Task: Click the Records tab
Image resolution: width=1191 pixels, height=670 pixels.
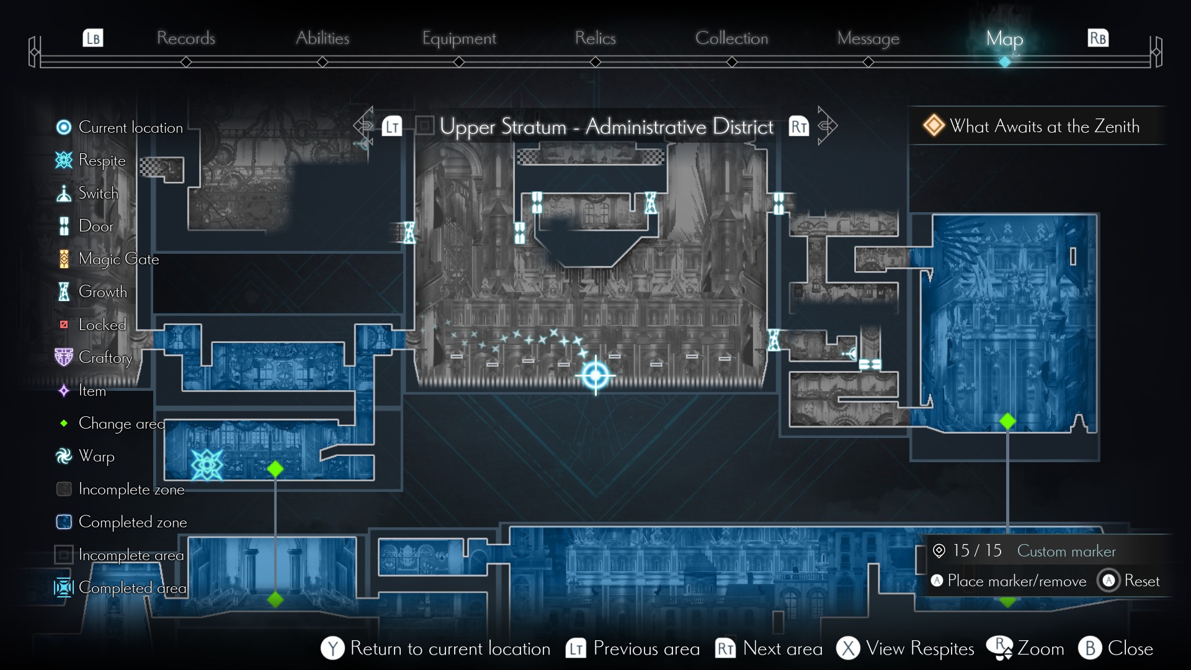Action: point(185,38)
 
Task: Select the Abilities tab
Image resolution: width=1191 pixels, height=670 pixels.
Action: point(322,38)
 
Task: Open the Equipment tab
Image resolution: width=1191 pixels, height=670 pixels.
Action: point(459,38)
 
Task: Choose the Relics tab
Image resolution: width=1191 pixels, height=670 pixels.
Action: point(595,38)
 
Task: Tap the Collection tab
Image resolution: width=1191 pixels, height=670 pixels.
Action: point(731,38)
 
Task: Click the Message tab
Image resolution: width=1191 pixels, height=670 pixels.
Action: point(868,38)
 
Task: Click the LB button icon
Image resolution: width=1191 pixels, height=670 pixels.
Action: point(93,38)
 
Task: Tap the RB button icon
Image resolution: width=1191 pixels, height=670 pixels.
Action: point(1098,38)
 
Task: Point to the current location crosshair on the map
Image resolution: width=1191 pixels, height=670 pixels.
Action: point(595,375)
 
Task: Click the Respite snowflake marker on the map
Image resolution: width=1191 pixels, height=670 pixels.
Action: point(207,464)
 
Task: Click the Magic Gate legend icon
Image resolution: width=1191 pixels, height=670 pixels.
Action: point(64,259)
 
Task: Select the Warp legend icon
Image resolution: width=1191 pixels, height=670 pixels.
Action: point(64,456)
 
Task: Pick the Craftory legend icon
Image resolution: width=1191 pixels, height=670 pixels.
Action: point(64,357)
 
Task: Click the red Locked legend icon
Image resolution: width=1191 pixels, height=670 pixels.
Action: point(64,324)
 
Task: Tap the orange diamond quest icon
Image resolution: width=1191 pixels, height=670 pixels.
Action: point(933,126)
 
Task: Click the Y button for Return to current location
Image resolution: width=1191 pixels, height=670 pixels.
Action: point(332,648)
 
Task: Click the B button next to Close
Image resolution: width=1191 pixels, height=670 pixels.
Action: point(1090,648)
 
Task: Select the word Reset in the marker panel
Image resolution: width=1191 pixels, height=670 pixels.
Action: point(1141,581)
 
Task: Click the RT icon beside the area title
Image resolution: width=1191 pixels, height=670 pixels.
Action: point(798,127)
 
